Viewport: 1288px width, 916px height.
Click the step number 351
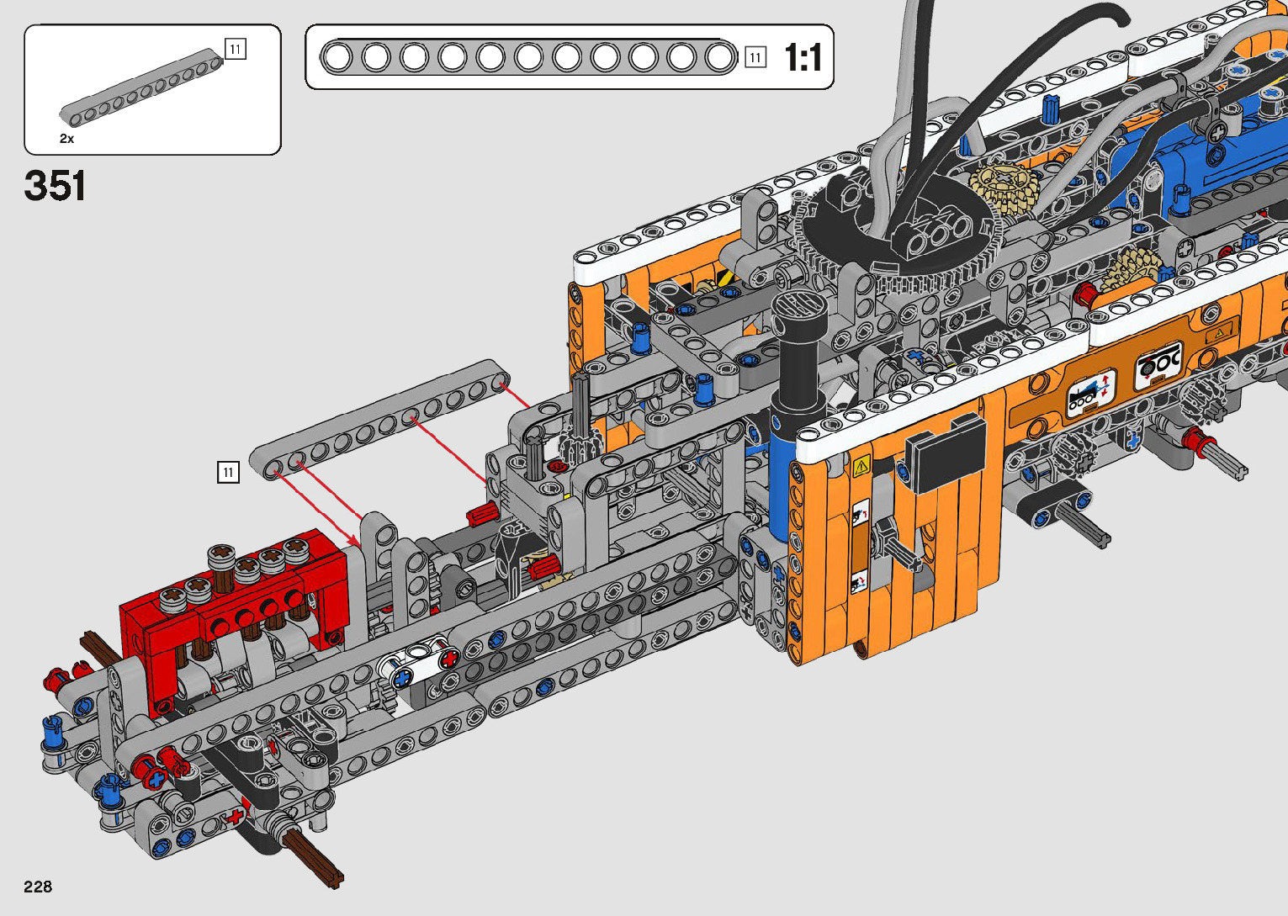(56, 186)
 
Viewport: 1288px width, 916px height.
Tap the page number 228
(38, 887)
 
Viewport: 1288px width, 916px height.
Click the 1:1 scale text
(803, 57)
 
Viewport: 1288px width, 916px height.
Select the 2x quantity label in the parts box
(66, 139)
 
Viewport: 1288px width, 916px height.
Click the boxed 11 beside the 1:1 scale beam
(755, 57)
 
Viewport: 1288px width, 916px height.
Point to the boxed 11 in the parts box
(236, 49)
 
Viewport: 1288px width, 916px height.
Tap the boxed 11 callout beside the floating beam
(228, 472)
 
